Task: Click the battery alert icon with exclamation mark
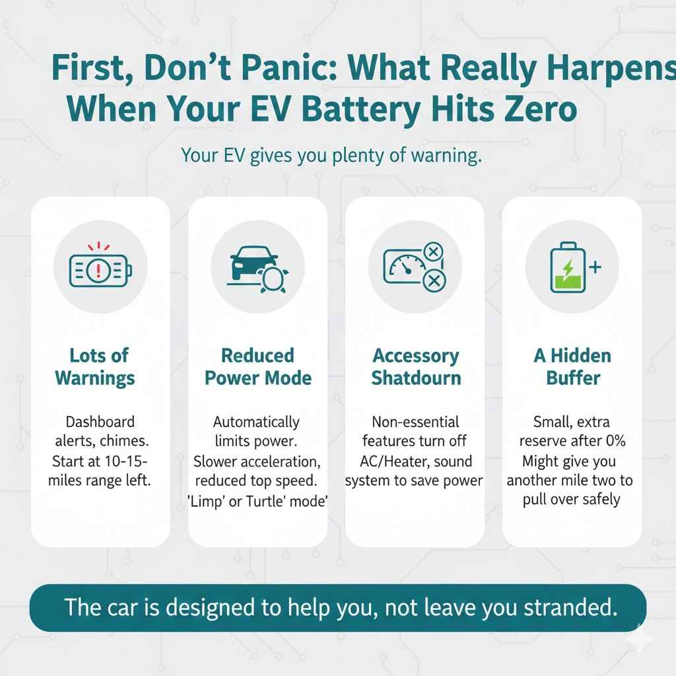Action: (x=100, y=270)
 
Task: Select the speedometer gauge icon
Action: (x=404, y=267)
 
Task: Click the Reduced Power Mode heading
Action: (x=257, y=366)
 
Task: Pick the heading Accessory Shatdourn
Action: (x=416, y=366)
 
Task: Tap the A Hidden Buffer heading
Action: (x=572, y=366)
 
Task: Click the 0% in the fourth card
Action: (x=613, y=440)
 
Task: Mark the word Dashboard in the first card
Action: (x=100, y=421)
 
